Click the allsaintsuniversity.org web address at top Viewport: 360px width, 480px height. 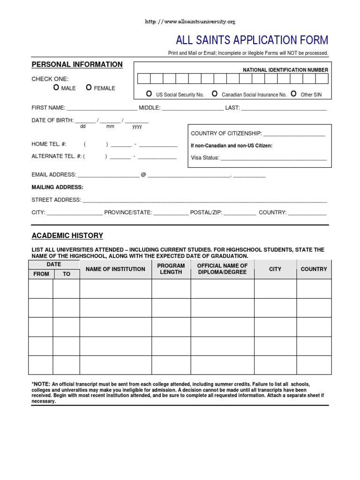pyautogui.click(x=190, y=22)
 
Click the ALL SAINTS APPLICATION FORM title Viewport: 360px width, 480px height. pyautogui.click(x=252, y=40)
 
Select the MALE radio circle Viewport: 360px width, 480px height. pyautogui.click(x=56, y=88)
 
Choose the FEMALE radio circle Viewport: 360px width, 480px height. pyautogui.click(x=89, y=88)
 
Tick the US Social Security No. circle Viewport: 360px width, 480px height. pyautogui.click(x=149, y=94)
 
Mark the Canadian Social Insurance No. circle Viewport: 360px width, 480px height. pyautogui.click(x=215, y=94)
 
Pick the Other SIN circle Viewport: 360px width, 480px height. pyautogui.click(x=293, y=94)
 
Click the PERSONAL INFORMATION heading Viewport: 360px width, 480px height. pyautogui.click(x=77, y=65)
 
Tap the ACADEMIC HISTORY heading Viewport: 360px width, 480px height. pyautogui.click(x=67, y=236)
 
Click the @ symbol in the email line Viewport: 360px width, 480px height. pyautogui.click(x=143, y=175)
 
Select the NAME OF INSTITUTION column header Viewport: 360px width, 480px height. pyautogui.click(x=115, y=270)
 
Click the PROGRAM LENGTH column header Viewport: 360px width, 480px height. pyautogui.click(x=171, y=269)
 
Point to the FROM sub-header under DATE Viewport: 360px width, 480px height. pyautogui.click(x=41, y=274)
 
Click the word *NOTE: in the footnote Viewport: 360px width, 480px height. pyautogui.click(x=41, y=384)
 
